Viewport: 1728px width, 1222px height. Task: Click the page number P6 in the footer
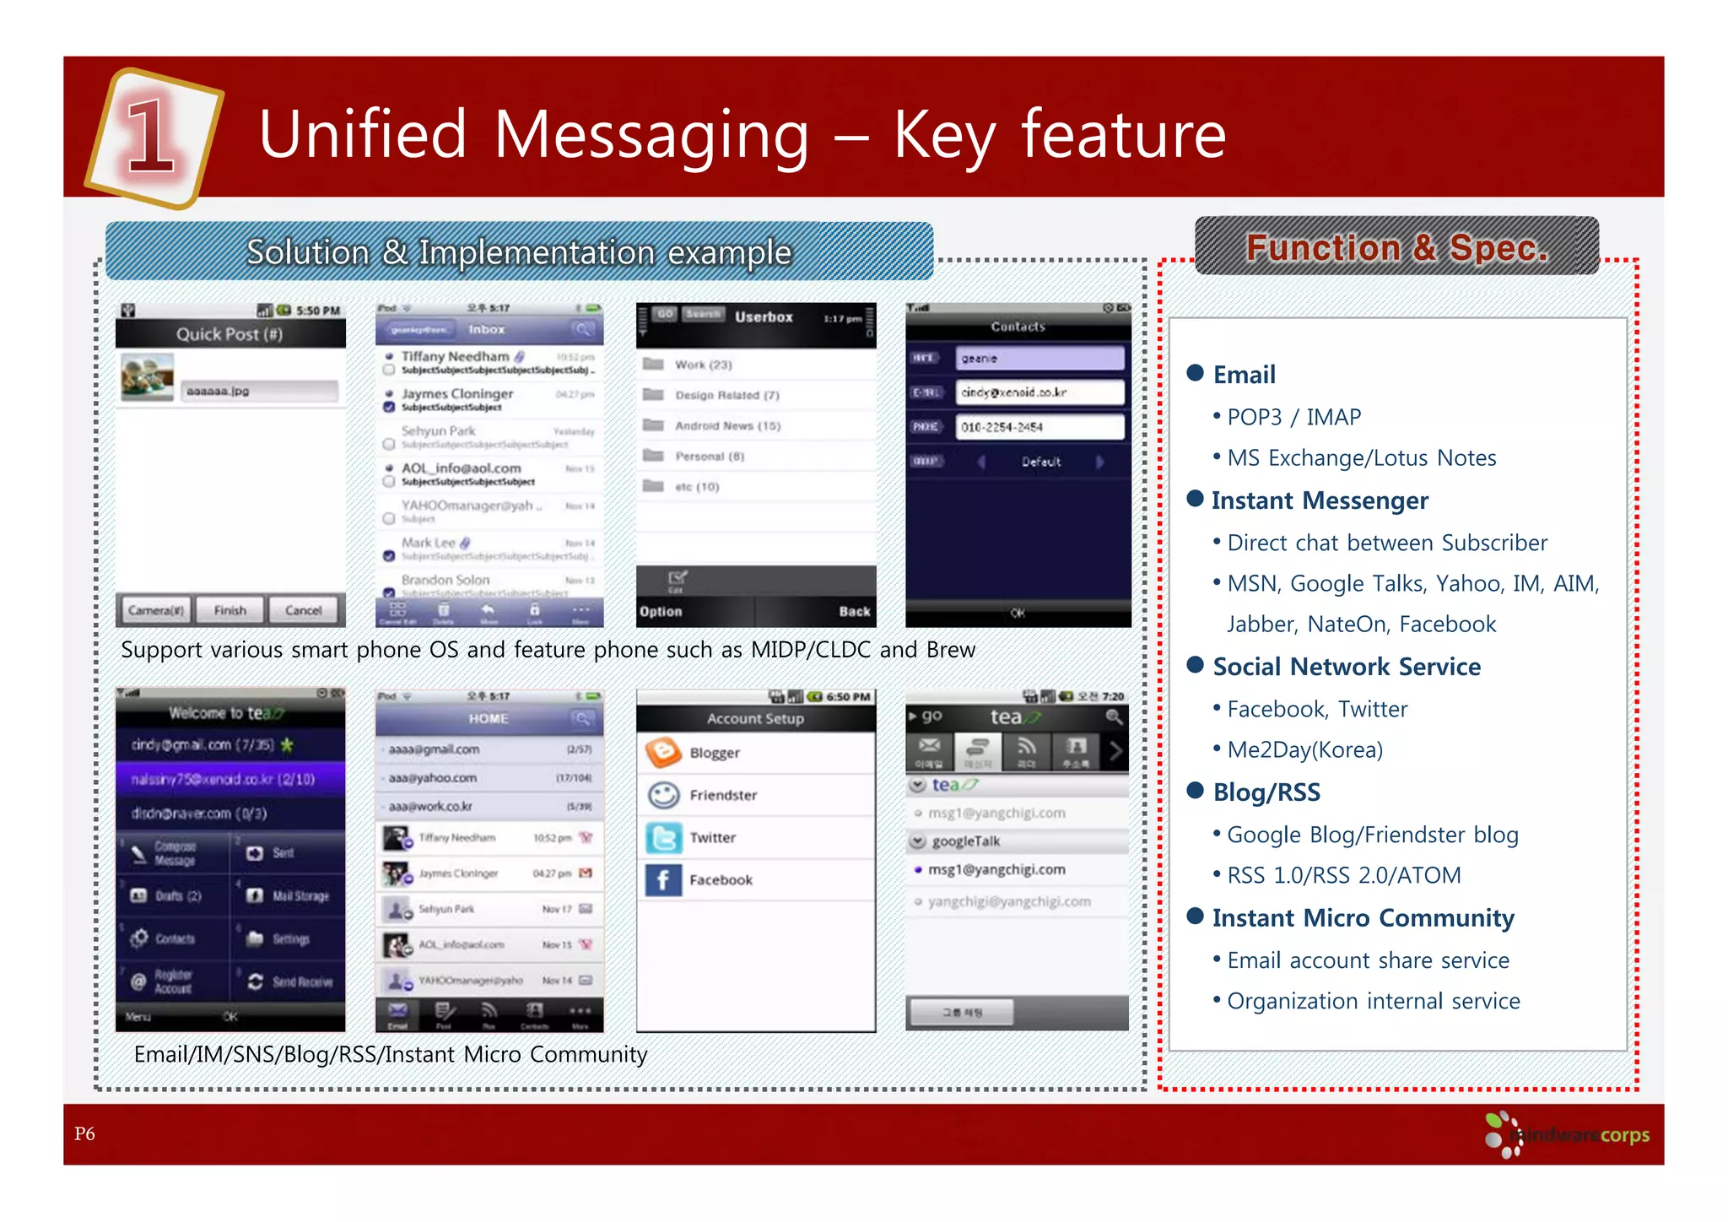[x=84, y=1133]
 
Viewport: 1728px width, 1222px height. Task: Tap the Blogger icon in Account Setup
[x=663, y=752]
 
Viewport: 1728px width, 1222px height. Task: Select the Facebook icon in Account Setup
[x=663, y=880]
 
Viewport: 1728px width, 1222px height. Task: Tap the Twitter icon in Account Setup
[x=663, y=837]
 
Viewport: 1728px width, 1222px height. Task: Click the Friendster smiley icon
[x=663, y=795]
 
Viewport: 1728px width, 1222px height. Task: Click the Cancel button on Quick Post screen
[x=303, y=610]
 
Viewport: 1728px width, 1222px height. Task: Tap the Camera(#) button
[x=156, y=610]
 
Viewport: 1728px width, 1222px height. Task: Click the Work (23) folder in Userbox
[x=702, y=365]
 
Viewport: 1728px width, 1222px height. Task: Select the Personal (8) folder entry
[x=709, y=457]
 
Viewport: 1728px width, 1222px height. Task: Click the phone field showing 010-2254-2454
[x=1039, y=427]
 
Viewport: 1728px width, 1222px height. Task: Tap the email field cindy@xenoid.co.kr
[x=1039, y=392]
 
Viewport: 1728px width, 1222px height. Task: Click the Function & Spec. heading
[x=1396, y=247]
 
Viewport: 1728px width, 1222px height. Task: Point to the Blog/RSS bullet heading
[x=1266, y=792]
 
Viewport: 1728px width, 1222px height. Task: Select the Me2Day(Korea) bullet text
[x=1304, y=749]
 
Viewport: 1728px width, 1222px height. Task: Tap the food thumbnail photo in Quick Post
[x=148, y=376]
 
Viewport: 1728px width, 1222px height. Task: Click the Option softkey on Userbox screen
[x=661, y=611]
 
